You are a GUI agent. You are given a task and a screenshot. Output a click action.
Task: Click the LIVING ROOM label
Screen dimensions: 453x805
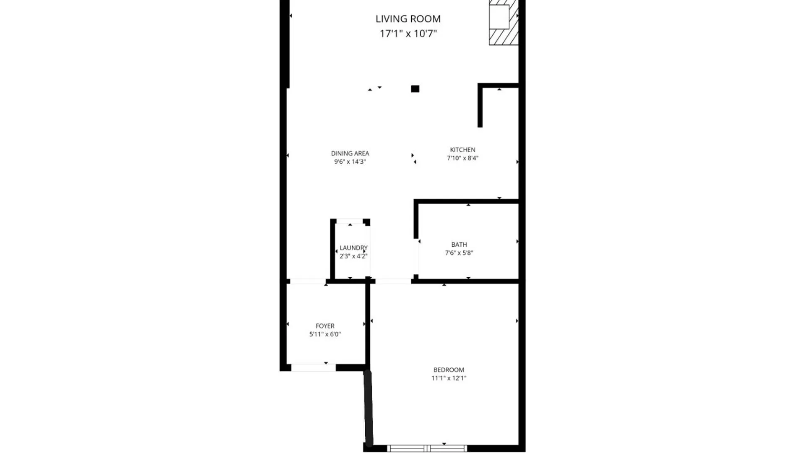[408, 19]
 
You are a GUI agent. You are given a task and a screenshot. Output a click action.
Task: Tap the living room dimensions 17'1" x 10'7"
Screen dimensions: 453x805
[408, 34]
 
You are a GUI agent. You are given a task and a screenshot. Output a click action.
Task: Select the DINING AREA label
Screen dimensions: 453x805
[350, 154]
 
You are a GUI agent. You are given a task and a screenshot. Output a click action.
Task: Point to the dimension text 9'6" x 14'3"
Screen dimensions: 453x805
[350, 162]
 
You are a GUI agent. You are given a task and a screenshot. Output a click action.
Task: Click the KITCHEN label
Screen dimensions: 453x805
[462, 150]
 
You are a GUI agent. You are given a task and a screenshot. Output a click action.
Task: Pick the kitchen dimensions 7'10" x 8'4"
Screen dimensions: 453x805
[462, 158]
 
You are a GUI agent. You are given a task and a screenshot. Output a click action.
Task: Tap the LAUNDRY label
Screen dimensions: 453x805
[353, 248]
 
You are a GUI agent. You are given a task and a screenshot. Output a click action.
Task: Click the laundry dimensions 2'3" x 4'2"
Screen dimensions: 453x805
[353, 256]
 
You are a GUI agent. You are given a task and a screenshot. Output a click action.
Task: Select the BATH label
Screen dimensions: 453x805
[459, 245]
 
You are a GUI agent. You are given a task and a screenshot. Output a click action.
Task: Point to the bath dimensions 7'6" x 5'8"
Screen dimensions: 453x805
[459, 253]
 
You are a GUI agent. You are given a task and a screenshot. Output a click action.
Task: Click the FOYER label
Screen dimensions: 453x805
[325, 326]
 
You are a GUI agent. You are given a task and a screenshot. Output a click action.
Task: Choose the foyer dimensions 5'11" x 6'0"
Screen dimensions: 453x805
[325, 334]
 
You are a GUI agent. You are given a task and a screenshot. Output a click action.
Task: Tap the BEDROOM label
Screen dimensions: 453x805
[449, 370]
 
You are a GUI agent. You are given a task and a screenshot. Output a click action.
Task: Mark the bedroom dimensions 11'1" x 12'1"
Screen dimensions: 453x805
[449, 378]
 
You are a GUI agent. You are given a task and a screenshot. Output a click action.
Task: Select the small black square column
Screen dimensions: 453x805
[415, 89]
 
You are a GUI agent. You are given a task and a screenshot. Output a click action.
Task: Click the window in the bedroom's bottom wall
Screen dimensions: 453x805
[427, 448]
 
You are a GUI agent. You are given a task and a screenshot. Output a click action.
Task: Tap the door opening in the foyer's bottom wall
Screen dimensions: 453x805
[313, 368]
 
